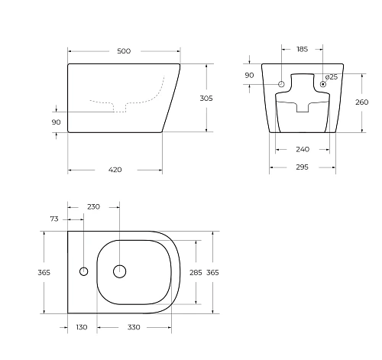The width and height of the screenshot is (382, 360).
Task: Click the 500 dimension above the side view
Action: (124, 51)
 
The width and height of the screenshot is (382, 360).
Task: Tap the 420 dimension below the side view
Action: (115, 170)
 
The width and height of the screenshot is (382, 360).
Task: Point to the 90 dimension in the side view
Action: (57, 122)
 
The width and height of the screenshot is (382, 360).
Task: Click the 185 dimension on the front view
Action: (301, 50)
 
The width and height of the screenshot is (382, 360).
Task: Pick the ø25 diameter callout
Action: (331, 76)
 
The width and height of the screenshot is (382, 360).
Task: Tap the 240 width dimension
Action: (302, 150)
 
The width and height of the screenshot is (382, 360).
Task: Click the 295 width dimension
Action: (302, 169)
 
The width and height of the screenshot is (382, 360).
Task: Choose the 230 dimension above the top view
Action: (94, 206)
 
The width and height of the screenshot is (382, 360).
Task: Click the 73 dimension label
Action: (54, 219)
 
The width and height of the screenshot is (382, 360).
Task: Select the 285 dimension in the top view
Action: (195, 271)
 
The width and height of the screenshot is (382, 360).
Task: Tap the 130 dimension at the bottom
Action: (82, 327)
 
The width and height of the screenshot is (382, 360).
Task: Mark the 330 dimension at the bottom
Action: (134, 327)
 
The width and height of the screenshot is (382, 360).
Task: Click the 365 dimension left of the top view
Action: (44, 272)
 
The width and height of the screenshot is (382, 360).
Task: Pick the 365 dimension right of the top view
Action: (213, 272)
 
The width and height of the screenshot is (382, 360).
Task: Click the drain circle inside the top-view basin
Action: (120, 271)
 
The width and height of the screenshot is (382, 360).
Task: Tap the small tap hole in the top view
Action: (83, 271)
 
